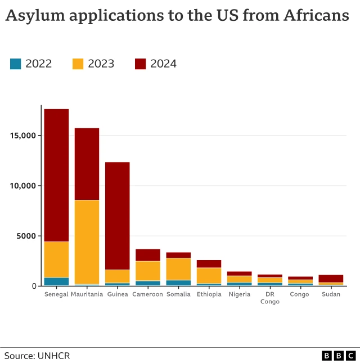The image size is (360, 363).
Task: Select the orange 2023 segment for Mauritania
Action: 87,242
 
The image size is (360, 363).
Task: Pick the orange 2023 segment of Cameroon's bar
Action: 148,271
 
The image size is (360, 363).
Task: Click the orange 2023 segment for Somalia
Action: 178,268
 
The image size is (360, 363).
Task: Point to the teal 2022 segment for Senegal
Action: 56,281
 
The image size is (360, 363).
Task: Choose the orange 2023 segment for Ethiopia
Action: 209,275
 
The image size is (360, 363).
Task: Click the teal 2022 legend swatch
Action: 16,64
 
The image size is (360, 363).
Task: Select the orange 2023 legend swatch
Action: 78,64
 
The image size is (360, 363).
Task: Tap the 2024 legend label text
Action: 163,64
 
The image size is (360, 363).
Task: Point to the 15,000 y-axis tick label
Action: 23,136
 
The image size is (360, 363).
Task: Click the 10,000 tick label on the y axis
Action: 23,186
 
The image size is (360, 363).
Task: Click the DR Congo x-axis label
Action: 269,298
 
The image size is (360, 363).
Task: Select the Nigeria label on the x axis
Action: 239,294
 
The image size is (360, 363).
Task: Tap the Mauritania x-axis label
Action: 87,294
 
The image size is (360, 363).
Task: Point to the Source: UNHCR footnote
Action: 37,356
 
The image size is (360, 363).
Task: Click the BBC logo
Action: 339,356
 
